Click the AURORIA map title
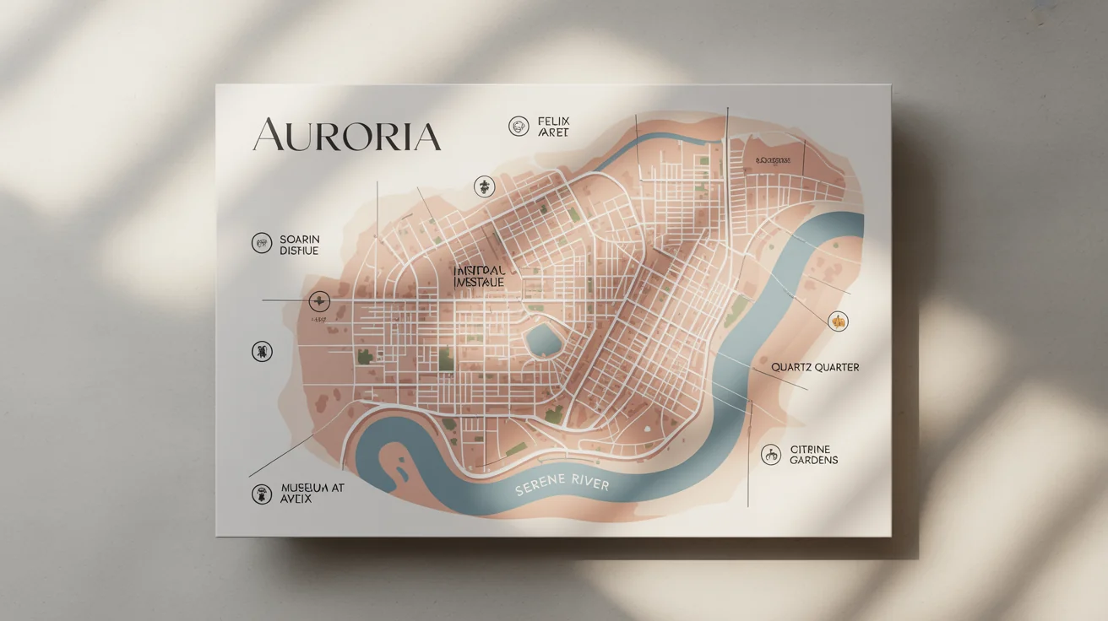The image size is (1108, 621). [x=346, y=136]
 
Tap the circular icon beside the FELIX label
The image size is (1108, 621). [x=519, y=127]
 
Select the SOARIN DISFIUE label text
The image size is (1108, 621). [x=299, y=245]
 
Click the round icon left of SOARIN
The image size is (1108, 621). [x=262, y=244]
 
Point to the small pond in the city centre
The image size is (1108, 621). [x=543, y=341]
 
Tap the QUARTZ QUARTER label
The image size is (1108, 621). [x=815, y=368]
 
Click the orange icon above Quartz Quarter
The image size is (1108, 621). [x=838, y=321]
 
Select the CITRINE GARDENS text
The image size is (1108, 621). [x=814, y=454]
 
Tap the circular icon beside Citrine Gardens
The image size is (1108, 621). [x=770, y=454]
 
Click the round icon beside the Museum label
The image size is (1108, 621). [x=262, y=494]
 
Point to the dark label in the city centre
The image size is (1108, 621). [x=479, y=276]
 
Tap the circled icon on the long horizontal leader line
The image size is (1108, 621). [x=319, y=300]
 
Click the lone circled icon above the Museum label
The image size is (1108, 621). [x=262, y=352]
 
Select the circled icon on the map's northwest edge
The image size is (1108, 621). [x=484, y=186]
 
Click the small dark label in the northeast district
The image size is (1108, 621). [x=773, y=159]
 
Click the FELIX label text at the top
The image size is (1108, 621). [x=553, y=127]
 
